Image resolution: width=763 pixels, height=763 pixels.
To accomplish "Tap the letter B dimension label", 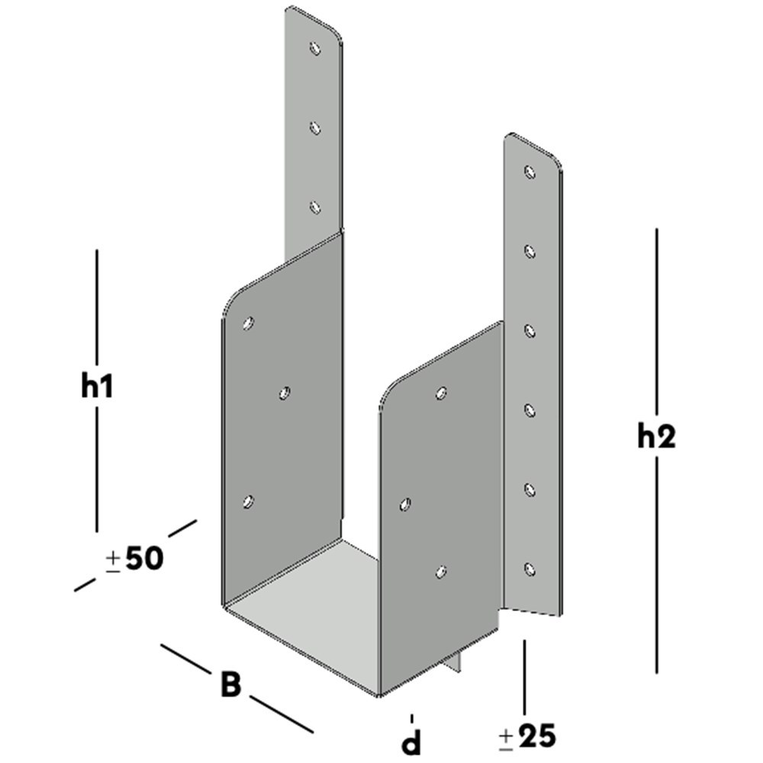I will coord(230,684).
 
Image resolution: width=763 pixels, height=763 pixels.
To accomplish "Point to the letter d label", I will coord(412,739).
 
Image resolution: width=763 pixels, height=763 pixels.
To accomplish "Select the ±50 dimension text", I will coord(134,559).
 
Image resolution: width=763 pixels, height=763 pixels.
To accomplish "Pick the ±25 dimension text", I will coord(527,736).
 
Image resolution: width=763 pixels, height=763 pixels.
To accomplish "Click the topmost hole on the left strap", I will coord(315,48).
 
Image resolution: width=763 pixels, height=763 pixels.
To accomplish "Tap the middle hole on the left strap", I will coord(315,127).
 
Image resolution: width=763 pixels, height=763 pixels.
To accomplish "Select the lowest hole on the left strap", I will coord(315,207).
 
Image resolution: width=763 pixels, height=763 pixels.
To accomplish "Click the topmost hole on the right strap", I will coord(530,172).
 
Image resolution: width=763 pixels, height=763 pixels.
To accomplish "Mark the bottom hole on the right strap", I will coord(530,568).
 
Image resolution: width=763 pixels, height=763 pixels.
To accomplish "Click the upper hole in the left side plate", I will coord(247,324).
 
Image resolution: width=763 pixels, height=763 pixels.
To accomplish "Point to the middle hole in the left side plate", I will coord(284,393).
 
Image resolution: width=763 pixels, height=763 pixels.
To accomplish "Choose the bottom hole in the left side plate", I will coord(247,501).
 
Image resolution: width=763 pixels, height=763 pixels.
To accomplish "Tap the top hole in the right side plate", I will coord(440,393).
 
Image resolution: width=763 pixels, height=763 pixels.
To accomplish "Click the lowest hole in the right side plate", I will coord(440,571).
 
